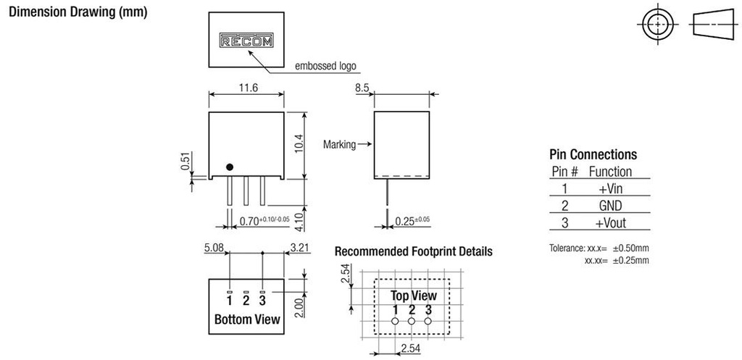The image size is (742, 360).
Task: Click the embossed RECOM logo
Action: click(246, 41)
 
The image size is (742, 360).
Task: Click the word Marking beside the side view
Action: click(340, 145)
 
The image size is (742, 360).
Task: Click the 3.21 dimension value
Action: click(299, 248)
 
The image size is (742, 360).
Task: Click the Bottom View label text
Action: click(247, 319)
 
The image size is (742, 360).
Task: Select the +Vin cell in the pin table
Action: click(611, 188)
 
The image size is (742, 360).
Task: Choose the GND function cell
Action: click(611, 205)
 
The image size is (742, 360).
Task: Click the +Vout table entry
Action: click(611, 222)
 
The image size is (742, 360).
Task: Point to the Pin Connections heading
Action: click(593, 154)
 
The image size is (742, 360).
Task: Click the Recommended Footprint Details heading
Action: click(413, 251)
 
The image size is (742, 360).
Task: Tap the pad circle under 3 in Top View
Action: click(429, 320)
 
